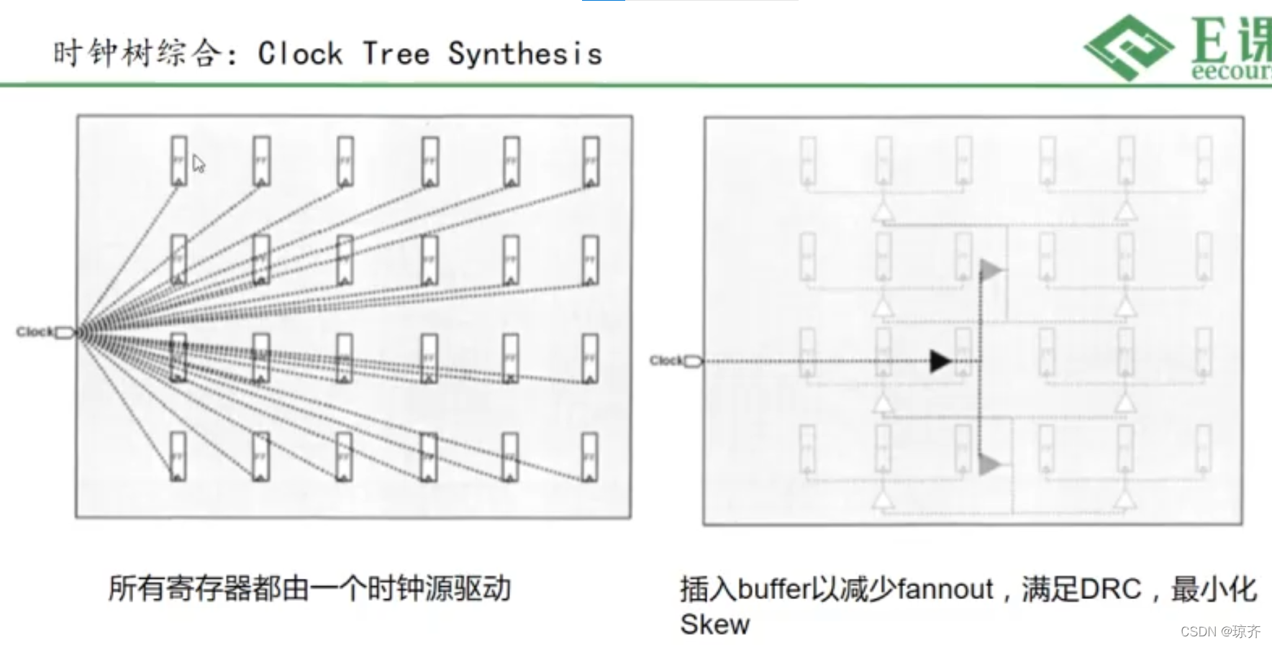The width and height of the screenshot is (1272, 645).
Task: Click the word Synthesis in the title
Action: [x=524, y=54]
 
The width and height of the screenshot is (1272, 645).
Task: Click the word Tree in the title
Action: [x=396, y=54]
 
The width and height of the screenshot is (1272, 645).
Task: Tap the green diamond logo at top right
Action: [x=1129, y=47]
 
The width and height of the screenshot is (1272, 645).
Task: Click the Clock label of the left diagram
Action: [x=34, y=331]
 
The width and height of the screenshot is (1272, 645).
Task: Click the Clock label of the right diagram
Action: [x=665, y=360]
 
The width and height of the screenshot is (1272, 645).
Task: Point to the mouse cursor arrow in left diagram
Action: [x=199, y=164]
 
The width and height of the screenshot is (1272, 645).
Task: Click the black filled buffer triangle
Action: [x=940, y=361]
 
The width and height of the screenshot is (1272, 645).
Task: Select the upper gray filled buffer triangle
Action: [x=990, y=270]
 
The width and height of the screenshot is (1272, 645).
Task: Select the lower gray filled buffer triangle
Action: [x=989, y=464]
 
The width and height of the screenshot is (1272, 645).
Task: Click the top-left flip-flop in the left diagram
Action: [x=178, y=161]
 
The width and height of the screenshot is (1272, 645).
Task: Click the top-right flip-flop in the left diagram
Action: [x=591, y=161]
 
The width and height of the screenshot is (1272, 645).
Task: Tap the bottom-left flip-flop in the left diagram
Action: [x=178, y=456]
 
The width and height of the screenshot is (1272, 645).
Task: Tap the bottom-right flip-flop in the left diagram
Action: [x=589, y=456]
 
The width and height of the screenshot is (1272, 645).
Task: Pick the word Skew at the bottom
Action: [x=714, y=624]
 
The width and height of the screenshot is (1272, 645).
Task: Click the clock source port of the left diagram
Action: [x=65, y=332]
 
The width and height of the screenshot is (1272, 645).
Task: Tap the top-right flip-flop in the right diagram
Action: [x=1204, y=161]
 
